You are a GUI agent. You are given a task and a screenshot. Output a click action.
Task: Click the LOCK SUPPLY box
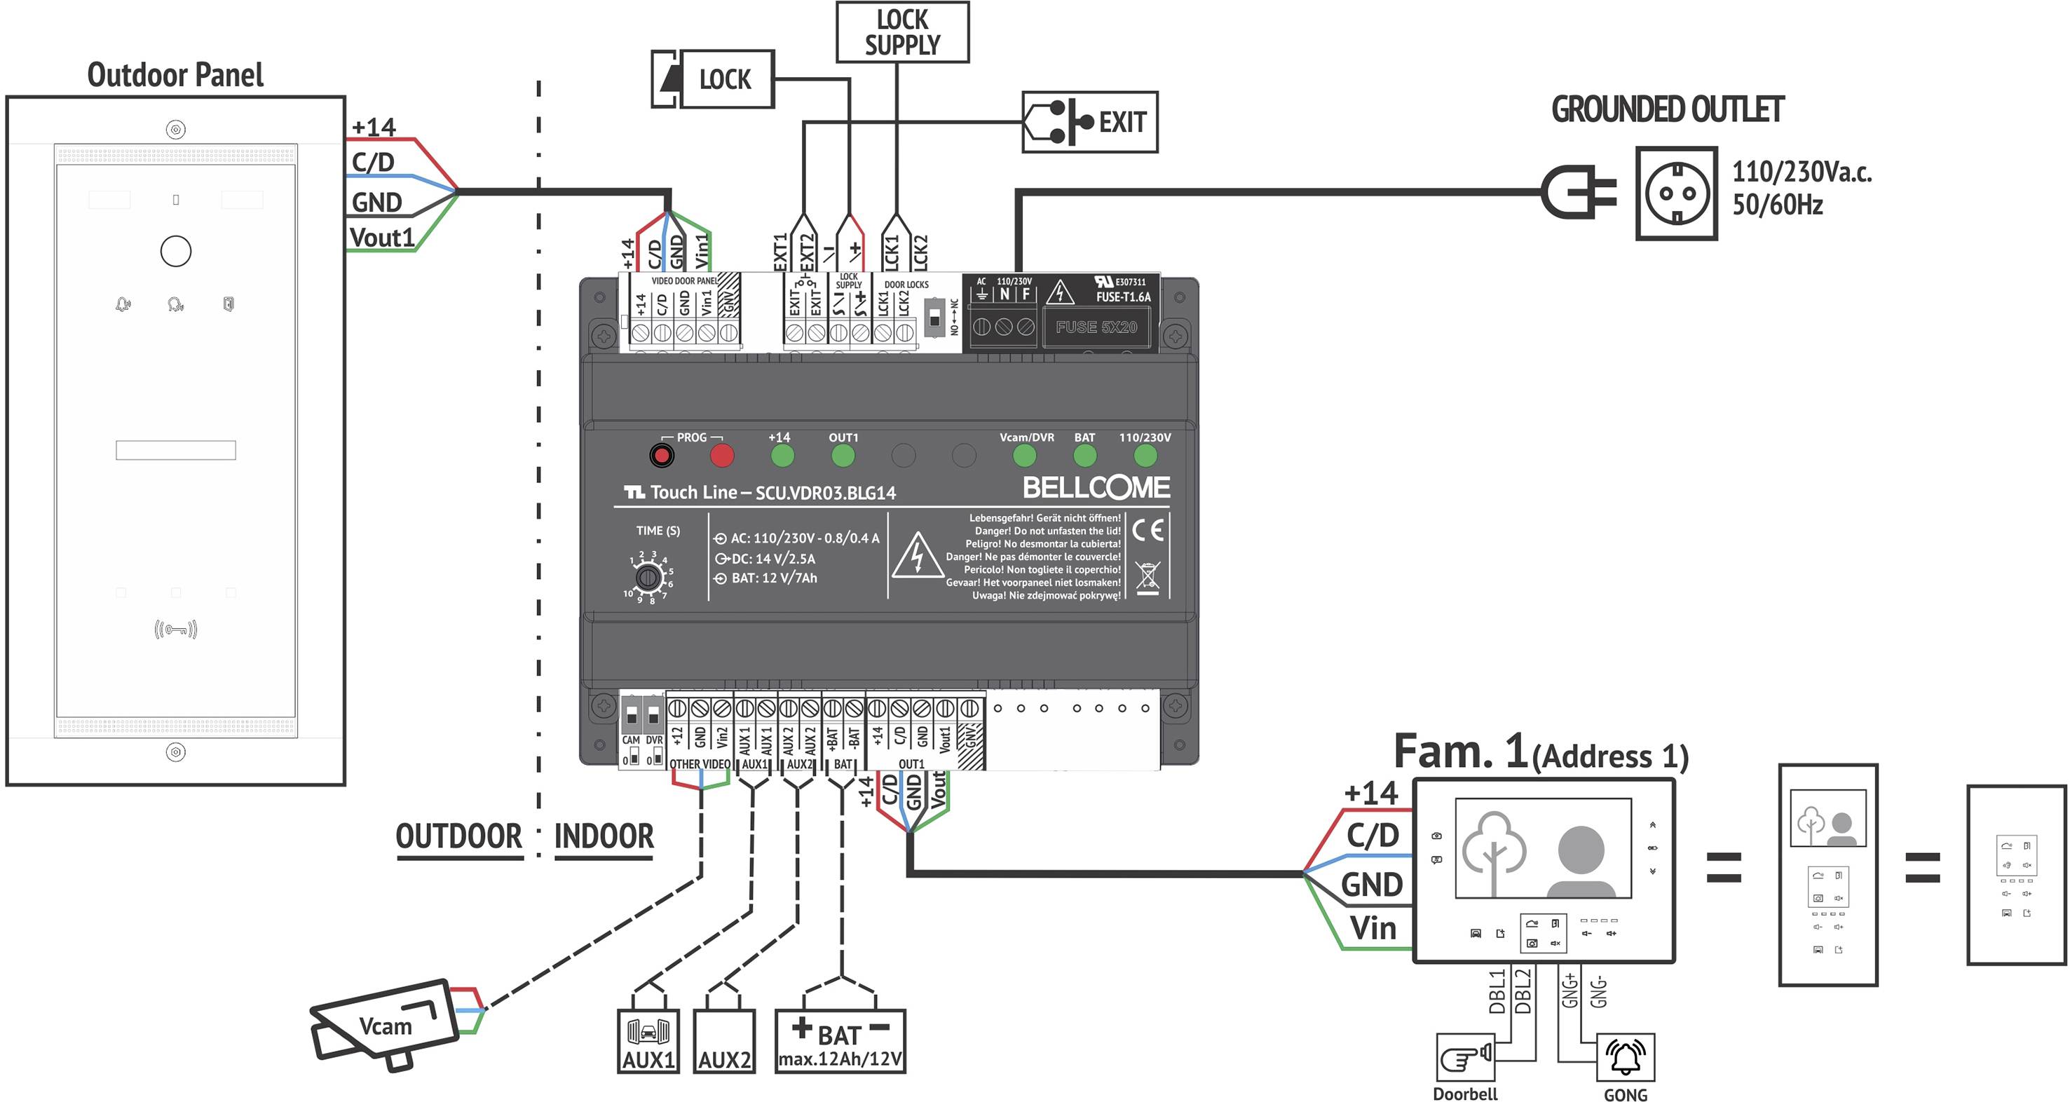click(x=901, y=32)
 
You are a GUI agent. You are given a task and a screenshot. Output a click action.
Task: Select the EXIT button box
click(x=1089, y=122)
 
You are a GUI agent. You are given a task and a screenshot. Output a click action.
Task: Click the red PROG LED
click(x=721, y=456)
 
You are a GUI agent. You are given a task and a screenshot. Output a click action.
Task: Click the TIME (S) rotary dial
click(x=648, y=577)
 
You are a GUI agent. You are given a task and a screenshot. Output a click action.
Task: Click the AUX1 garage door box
click(x=648, y=1041)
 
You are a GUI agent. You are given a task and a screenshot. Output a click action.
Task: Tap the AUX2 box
click(x=723, y=1041)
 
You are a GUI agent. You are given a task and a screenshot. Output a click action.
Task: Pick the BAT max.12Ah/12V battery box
click(x=840, y=1041)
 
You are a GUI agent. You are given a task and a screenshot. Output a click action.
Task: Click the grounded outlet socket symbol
click(x=1675, y=193)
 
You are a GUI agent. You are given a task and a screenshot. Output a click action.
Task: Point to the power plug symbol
click(x=1577, y=192)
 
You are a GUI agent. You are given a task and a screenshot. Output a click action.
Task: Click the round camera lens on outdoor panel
click(x=175, y=251)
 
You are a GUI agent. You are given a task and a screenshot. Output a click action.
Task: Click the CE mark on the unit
click(x=1147, y=531)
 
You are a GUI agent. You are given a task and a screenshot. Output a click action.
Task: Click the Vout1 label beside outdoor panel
click(x=382, y=238)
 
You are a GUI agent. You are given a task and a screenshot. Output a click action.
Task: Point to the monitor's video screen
click(x=1542, y=848)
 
